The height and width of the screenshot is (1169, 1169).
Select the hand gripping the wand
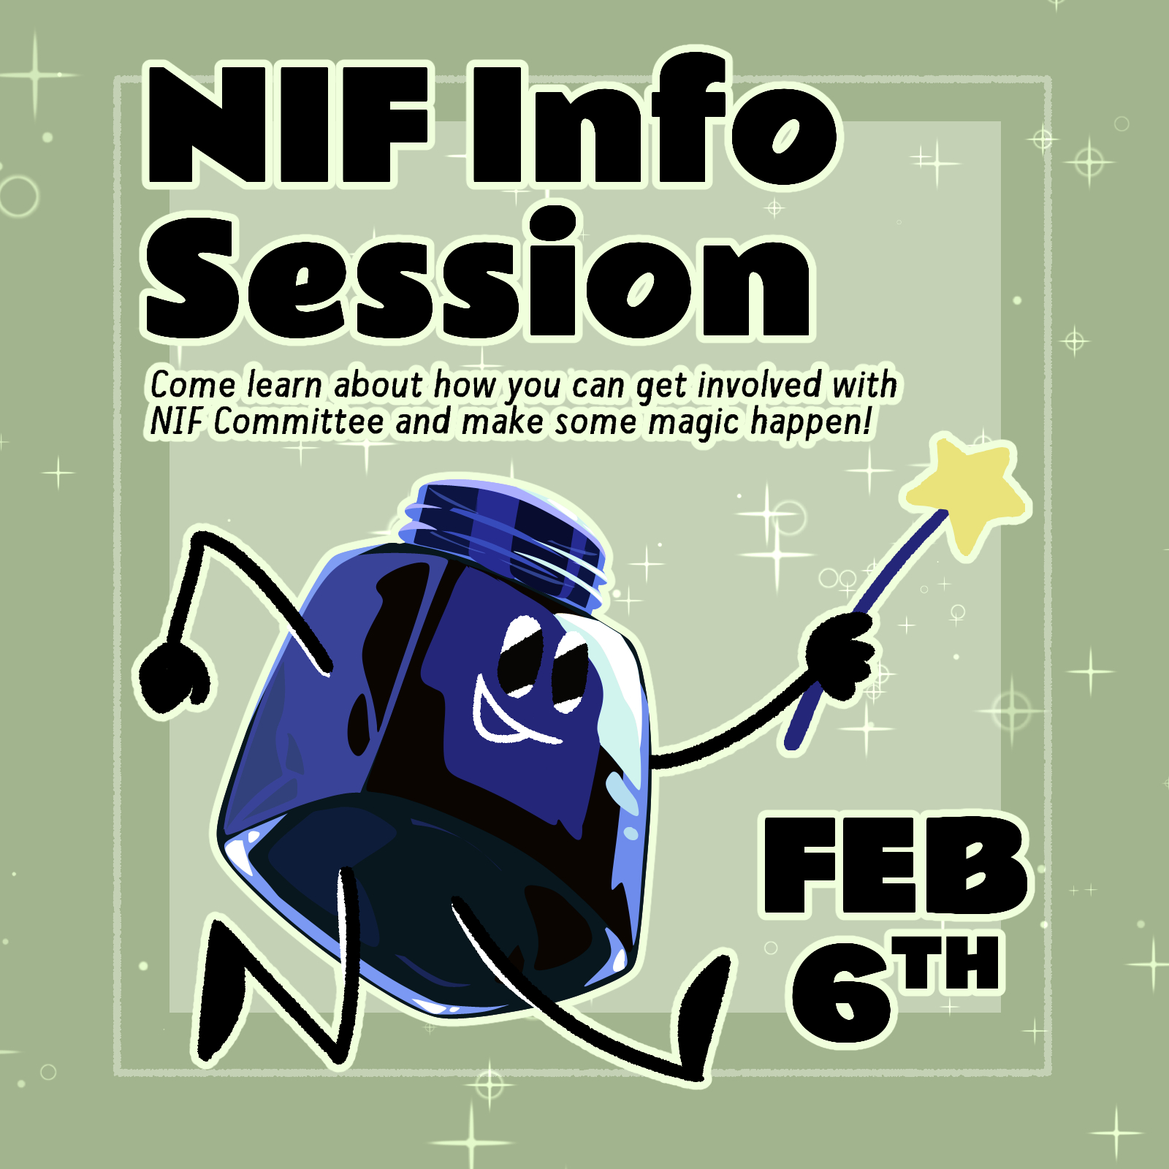click(x=840, y=654)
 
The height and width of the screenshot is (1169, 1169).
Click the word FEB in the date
click(x=895, y=866)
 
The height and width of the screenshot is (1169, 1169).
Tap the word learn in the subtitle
click(x=284, y=385)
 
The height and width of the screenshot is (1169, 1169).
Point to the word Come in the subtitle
click(x=193, y=385)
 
